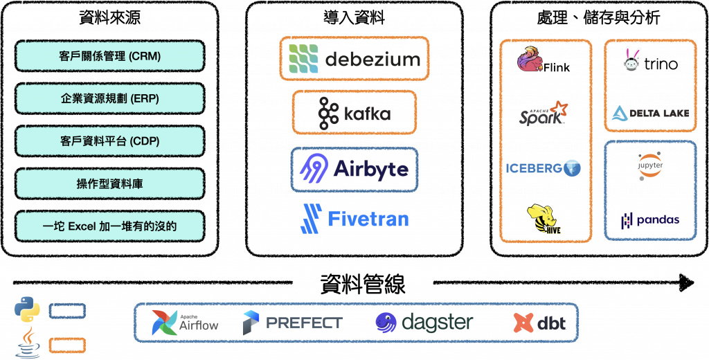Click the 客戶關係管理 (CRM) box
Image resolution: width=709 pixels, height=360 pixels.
pyautogui.click(x=109, y=55)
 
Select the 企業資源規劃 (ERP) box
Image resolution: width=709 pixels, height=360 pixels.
pyautogui.click(x=109, y=98)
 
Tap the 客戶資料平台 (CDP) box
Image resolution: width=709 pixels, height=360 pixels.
pyautogui.click(x=109, y=141)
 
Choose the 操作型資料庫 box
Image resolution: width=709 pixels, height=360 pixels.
pyautogui.click(x=109, y=183)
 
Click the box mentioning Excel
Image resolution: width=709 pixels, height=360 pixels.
pyautogui.click(x=109, y=226)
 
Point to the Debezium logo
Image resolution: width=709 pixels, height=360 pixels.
pyautogui.click(x=354, y=58)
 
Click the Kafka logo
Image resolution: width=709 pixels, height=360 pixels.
pyautogui.click(x=354, y=113)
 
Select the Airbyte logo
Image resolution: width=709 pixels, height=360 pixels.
pyautogui.click(x=354, y=168)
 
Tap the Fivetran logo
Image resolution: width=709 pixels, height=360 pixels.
pyautogui.click(x=354, y=218)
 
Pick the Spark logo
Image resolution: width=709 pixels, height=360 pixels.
pyautogui.click(x=543, y=114)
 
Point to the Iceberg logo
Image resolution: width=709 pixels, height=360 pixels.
pyautogui.click(x=543, y=168)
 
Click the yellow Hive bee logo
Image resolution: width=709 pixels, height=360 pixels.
pyautogui.click(x=543, y=218)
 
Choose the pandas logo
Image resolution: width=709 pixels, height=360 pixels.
pyautogui.click(x=649, y=219)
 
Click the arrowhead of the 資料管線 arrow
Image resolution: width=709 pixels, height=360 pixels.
pyautogui.click(x=686, y=282)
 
